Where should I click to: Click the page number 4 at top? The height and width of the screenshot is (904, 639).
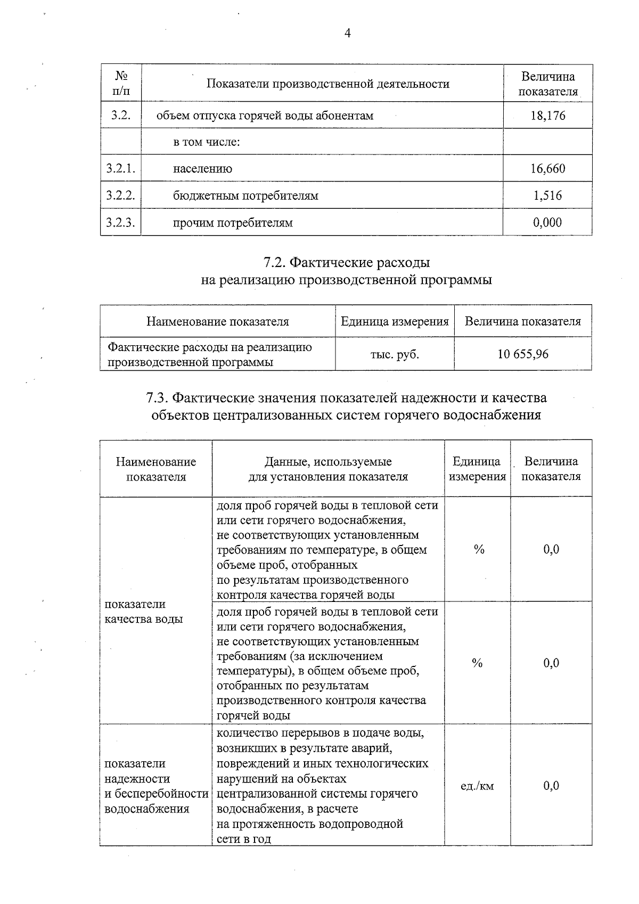348,34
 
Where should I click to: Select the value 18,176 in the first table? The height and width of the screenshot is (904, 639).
547,116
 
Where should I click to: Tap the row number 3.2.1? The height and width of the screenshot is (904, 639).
120,169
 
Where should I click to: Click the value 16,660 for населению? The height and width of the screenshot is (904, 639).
547,169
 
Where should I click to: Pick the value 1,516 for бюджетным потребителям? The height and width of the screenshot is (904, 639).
547,196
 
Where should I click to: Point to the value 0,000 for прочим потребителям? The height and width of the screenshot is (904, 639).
547,223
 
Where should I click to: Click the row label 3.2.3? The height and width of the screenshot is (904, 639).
120,223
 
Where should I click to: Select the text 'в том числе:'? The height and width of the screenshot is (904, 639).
207,142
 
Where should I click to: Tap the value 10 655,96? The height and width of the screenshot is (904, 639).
522,354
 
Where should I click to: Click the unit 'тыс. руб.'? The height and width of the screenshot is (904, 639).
395,354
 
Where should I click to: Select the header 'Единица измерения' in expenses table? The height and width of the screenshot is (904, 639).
395,322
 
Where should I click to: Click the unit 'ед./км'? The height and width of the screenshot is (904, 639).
477,786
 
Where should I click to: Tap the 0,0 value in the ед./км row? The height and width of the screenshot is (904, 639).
551,786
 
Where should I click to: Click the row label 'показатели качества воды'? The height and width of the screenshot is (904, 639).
143,612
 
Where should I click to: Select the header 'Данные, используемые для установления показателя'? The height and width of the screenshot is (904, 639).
328,469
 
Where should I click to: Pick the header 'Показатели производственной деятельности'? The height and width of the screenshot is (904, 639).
327,84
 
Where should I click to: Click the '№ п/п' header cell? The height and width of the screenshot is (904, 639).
121,83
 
